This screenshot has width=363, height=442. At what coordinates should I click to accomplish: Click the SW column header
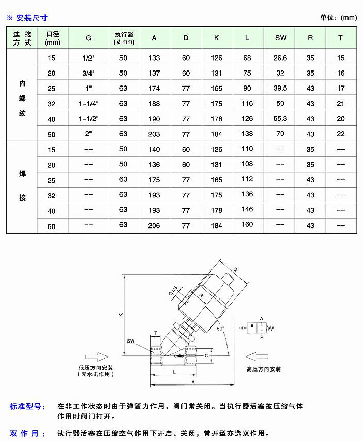pyautogui.click(x=280, y=38)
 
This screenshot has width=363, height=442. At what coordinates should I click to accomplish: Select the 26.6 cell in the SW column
pyautogui.click(x=280, y=58)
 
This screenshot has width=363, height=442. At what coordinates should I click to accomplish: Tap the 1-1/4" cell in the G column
pyautogui.click(x=88, y=104)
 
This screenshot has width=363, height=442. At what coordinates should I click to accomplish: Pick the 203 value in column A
pyautogui.click(x=154, y=134)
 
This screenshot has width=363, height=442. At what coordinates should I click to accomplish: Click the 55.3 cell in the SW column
pyautogui.click(x=280, y=119)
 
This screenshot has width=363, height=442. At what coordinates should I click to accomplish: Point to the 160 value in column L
pyautogui.click(x=247, y=225)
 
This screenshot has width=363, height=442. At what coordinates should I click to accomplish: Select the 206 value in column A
pyautogui.click(x=154, y=226)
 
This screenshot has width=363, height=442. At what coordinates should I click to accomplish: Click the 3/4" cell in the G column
pyautogui.click(x=88, y=73)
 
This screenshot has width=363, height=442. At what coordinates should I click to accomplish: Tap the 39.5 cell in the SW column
pyautogui.click(x=280, y=88)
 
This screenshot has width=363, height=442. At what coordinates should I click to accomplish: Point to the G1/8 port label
pyautogui.click(x=173, y=294)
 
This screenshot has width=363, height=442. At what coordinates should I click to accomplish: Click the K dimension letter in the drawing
pyautogui.click(x=120, y=315)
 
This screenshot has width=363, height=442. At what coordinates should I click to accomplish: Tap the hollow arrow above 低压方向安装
pyautogui.click(x=96, y=356)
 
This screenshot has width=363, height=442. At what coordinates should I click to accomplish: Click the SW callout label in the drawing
pyautogui.click(x=131, y=341)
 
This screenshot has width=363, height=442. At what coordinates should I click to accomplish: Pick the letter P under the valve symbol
pyautogui.click(x=261, y=337)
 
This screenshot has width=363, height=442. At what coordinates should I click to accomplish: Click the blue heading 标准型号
pyautogui.click(x=27, y=406)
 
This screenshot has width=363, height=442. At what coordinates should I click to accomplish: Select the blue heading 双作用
pyautogui.click(x=27, y=433)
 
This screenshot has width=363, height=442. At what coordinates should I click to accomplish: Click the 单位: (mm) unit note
pyautogui.click(x=338, y=17)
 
